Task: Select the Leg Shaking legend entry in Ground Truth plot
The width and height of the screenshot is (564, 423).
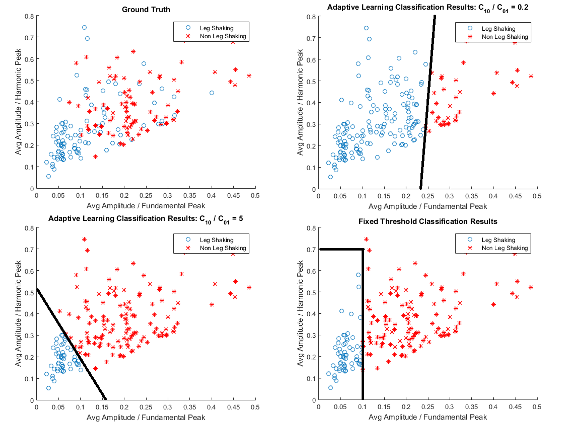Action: tap(216, 28)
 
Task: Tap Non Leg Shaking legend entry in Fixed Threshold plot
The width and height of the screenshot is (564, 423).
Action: tap(504, 248)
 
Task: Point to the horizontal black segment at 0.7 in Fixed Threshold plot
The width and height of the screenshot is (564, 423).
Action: tap(342, 249)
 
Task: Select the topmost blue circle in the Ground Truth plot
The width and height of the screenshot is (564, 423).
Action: tap(84, 27)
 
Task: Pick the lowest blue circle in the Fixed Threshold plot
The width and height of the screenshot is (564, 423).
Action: tap(331, 388)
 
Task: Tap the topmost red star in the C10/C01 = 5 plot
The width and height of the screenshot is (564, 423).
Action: tap(84, 239)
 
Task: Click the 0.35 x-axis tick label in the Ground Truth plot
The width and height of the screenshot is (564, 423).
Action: tap(189, 195)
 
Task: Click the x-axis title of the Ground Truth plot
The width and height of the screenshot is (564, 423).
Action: tap(146, 206)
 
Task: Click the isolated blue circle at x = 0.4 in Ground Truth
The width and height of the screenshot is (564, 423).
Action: tap(212, 93)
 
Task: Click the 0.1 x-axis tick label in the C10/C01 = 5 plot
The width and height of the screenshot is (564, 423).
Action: tap(80, 407)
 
